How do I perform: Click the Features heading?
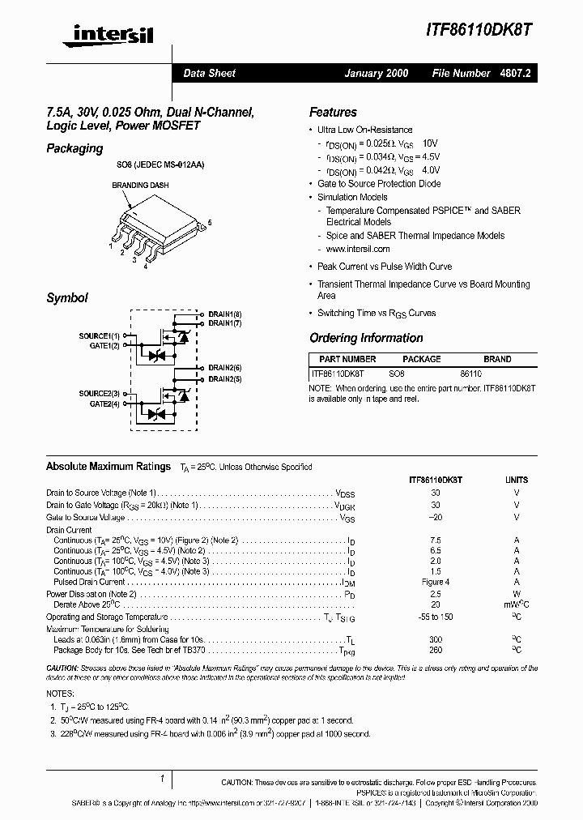tap(333, 113)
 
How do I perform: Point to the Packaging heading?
tap(74, 148)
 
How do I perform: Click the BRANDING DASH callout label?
tap(139, 186)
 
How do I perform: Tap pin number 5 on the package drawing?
tap(210, 222)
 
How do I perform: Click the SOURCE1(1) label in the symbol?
tap(99, 335)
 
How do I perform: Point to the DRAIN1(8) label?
tap(225, 314)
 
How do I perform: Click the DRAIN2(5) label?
tap(225, 378)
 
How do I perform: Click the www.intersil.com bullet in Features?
tap(358, 249)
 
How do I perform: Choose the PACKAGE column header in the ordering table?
tap(421, 359)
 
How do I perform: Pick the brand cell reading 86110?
tap(470, 374)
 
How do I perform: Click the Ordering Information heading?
tap(366, 338)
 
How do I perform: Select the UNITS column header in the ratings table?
tap(516, 480)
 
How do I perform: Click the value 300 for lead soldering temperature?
tap(436, 639)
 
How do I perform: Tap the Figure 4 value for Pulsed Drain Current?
tap(436, 582)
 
